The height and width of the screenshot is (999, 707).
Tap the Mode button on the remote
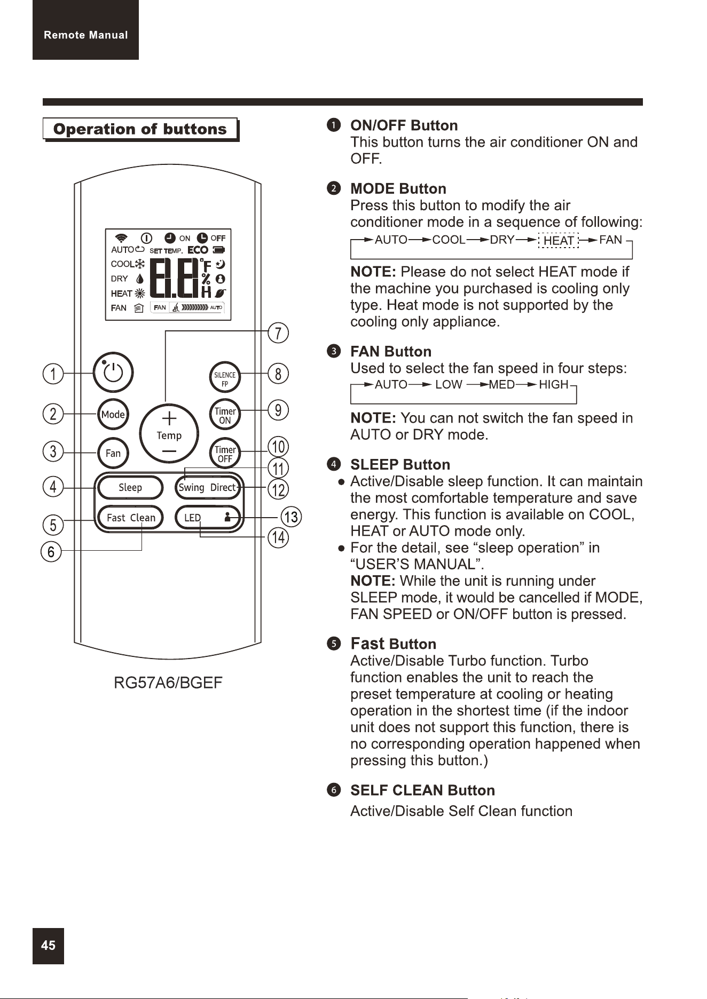pyautogui.click(x=113, y=414)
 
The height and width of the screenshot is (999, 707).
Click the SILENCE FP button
pyautogui.click(x=225, y=378)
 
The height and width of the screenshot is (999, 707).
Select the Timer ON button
pyautogui.click(x=225, y=415)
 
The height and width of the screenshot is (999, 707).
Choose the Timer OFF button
pyautogui.click(x=225, y=453)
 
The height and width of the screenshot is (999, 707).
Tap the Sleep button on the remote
pyautogui.click(x=130, y=487)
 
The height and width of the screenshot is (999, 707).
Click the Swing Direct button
pyautogui.click(x=207, y=487)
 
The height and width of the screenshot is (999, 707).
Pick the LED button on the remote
pyautogui.click(x=207, y=517)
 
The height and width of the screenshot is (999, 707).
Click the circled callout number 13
pyautogui.click(x=291, y=517)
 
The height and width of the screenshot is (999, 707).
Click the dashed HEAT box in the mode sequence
pyautogui.click(x=558, y=241)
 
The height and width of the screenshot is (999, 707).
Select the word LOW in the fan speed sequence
pyautogui.click(x=449, y=385)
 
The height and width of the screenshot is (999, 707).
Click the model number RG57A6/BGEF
pyautogui.click(x=168, y=683)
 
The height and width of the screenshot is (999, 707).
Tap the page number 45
pyautogui.click(x=48, y=946)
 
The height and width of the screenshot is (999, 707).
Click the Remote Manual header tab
pyautogui.click(x=85, y=30)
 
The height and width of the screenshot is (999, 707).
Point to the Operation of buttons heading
pyautogui.click(x=140, y=129)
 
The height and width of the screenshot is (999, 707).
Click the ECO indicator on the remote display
pyautogui.click(x=198, y=250)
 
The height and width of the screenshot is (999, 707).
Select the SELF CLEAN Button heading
pyautogui.click(x=422, y=790)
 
